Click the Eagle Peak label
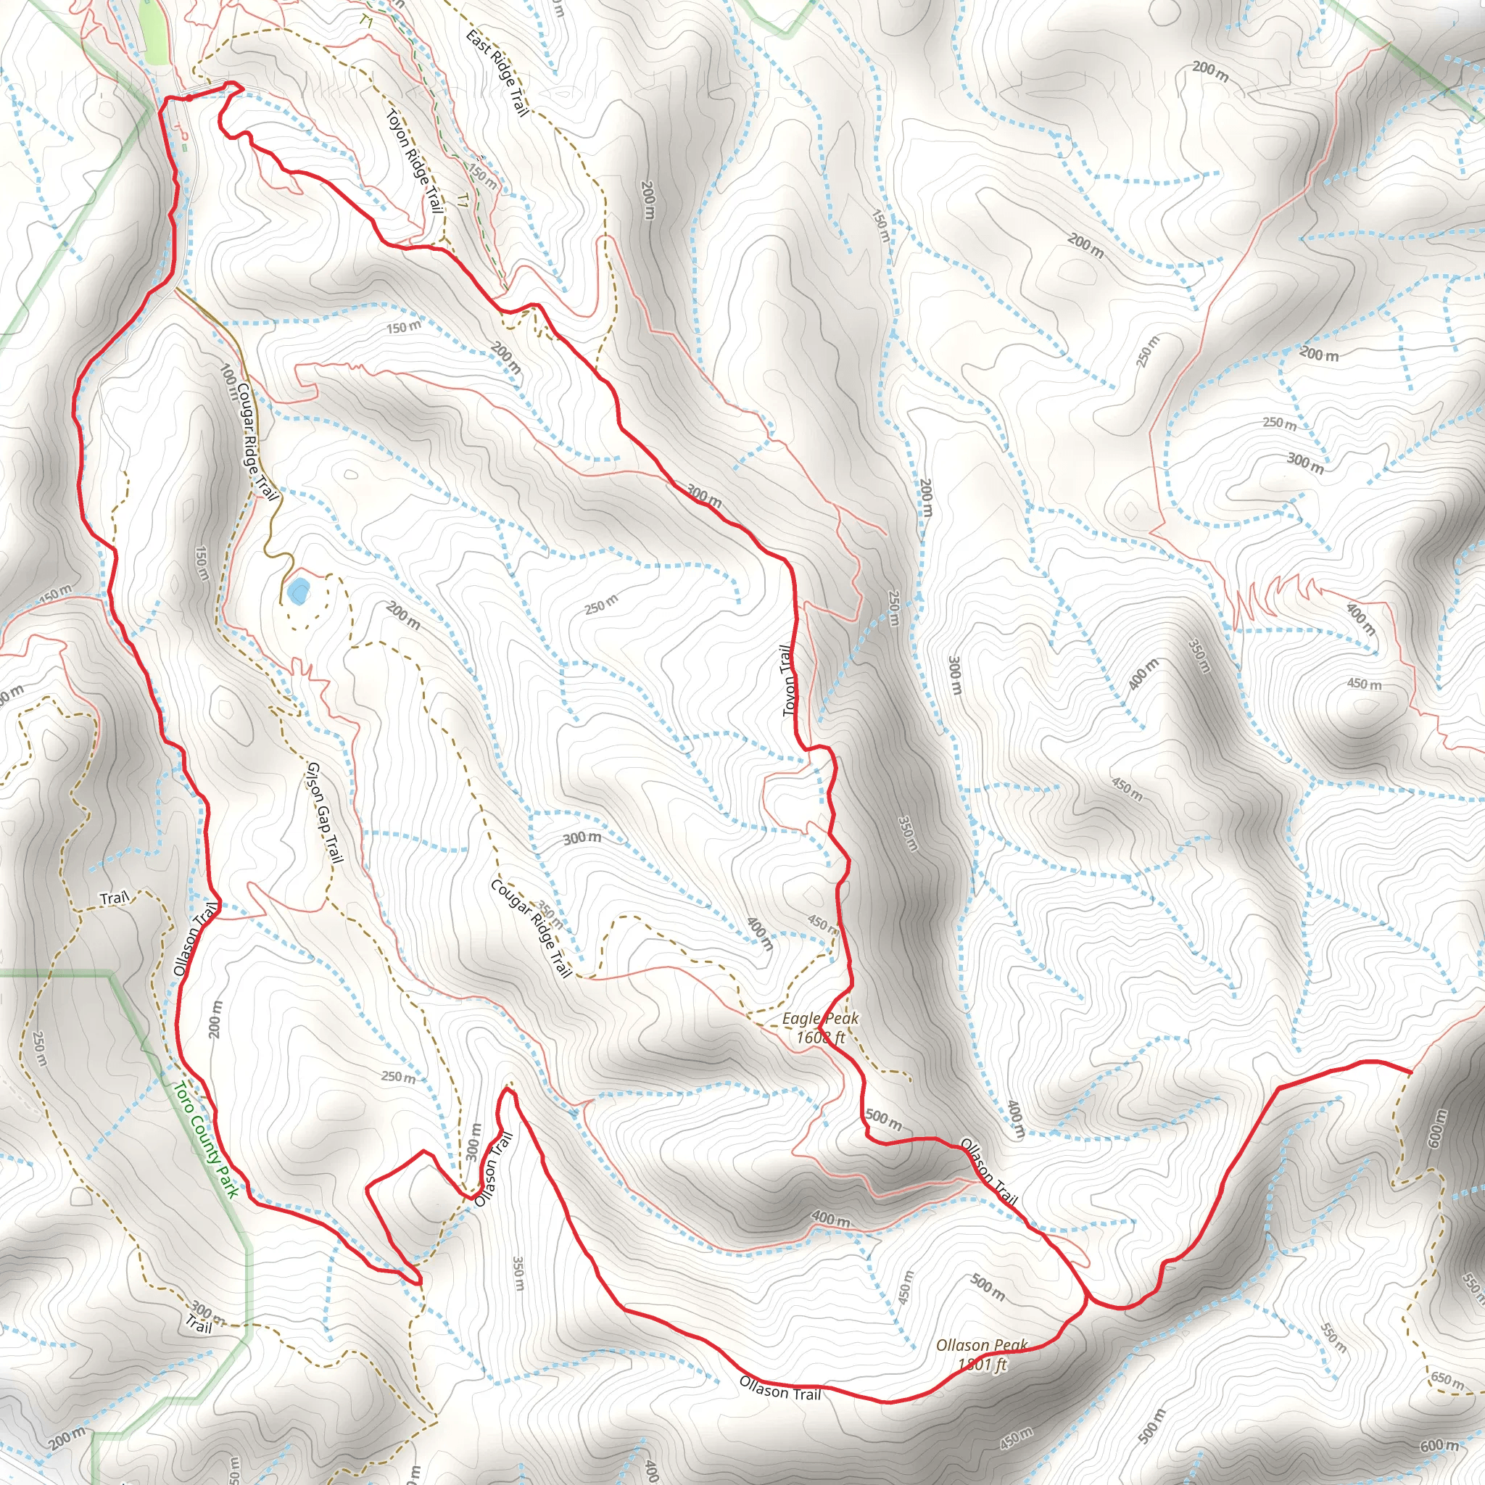[819, 1019]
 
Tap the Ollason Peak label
[981, 1345]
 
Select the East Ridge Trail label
[497, 73]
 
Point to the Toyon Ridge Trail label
[414, 162]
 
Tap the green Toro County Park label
[205, 1141]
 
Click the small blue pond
[297, 591]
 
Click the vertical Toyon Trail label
[789, 681]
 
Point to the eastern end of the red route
[1411, 1071]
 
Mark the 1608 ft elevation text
[820, 1038]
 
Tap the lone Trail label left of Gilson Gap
[115, 898]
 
